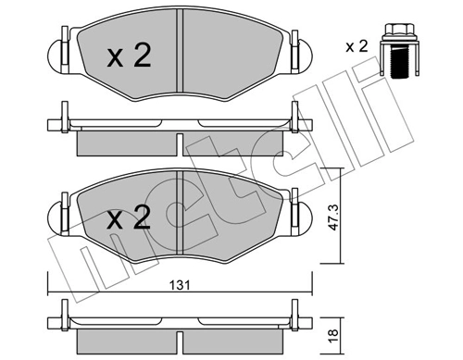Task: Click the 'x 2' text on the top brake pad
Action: click(x=128, y=57)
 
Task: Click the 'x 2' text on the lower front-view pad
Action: click(x=128, y=219)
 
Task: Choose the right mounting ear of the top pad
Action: click(x=300, y=47)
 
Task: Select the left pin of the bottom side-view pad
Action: click(x=62, y=315)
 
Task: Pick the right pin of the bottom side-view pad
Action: click(x=295, y=315)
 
